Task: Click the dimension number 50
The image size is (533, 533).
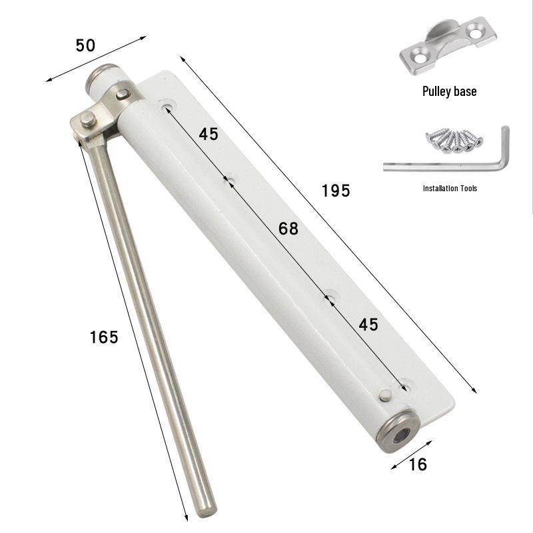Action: (x=85, y=45)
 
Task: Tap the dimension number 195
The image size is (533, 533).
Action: (x=336, y=191)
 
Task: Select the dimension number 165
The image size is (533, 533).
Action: (x=104, y=337)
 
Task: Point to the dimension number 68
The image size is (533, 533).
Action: (x=288, y=229)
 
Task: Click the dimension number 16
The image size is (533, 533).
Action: (x=418, y=464)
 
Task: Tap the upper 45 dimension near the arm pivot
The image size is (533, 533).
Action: (x=209, y=134)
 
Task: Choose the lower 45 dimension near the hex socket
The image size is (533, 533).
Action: (x=368, y=324)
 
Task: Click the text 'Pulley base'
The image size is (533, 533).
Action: (x=449, y=91)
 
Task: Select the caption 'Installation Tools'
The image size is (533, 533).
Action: (x=450, y=189)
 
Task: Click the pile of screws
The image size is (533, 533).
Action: (x=454, y=141)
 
